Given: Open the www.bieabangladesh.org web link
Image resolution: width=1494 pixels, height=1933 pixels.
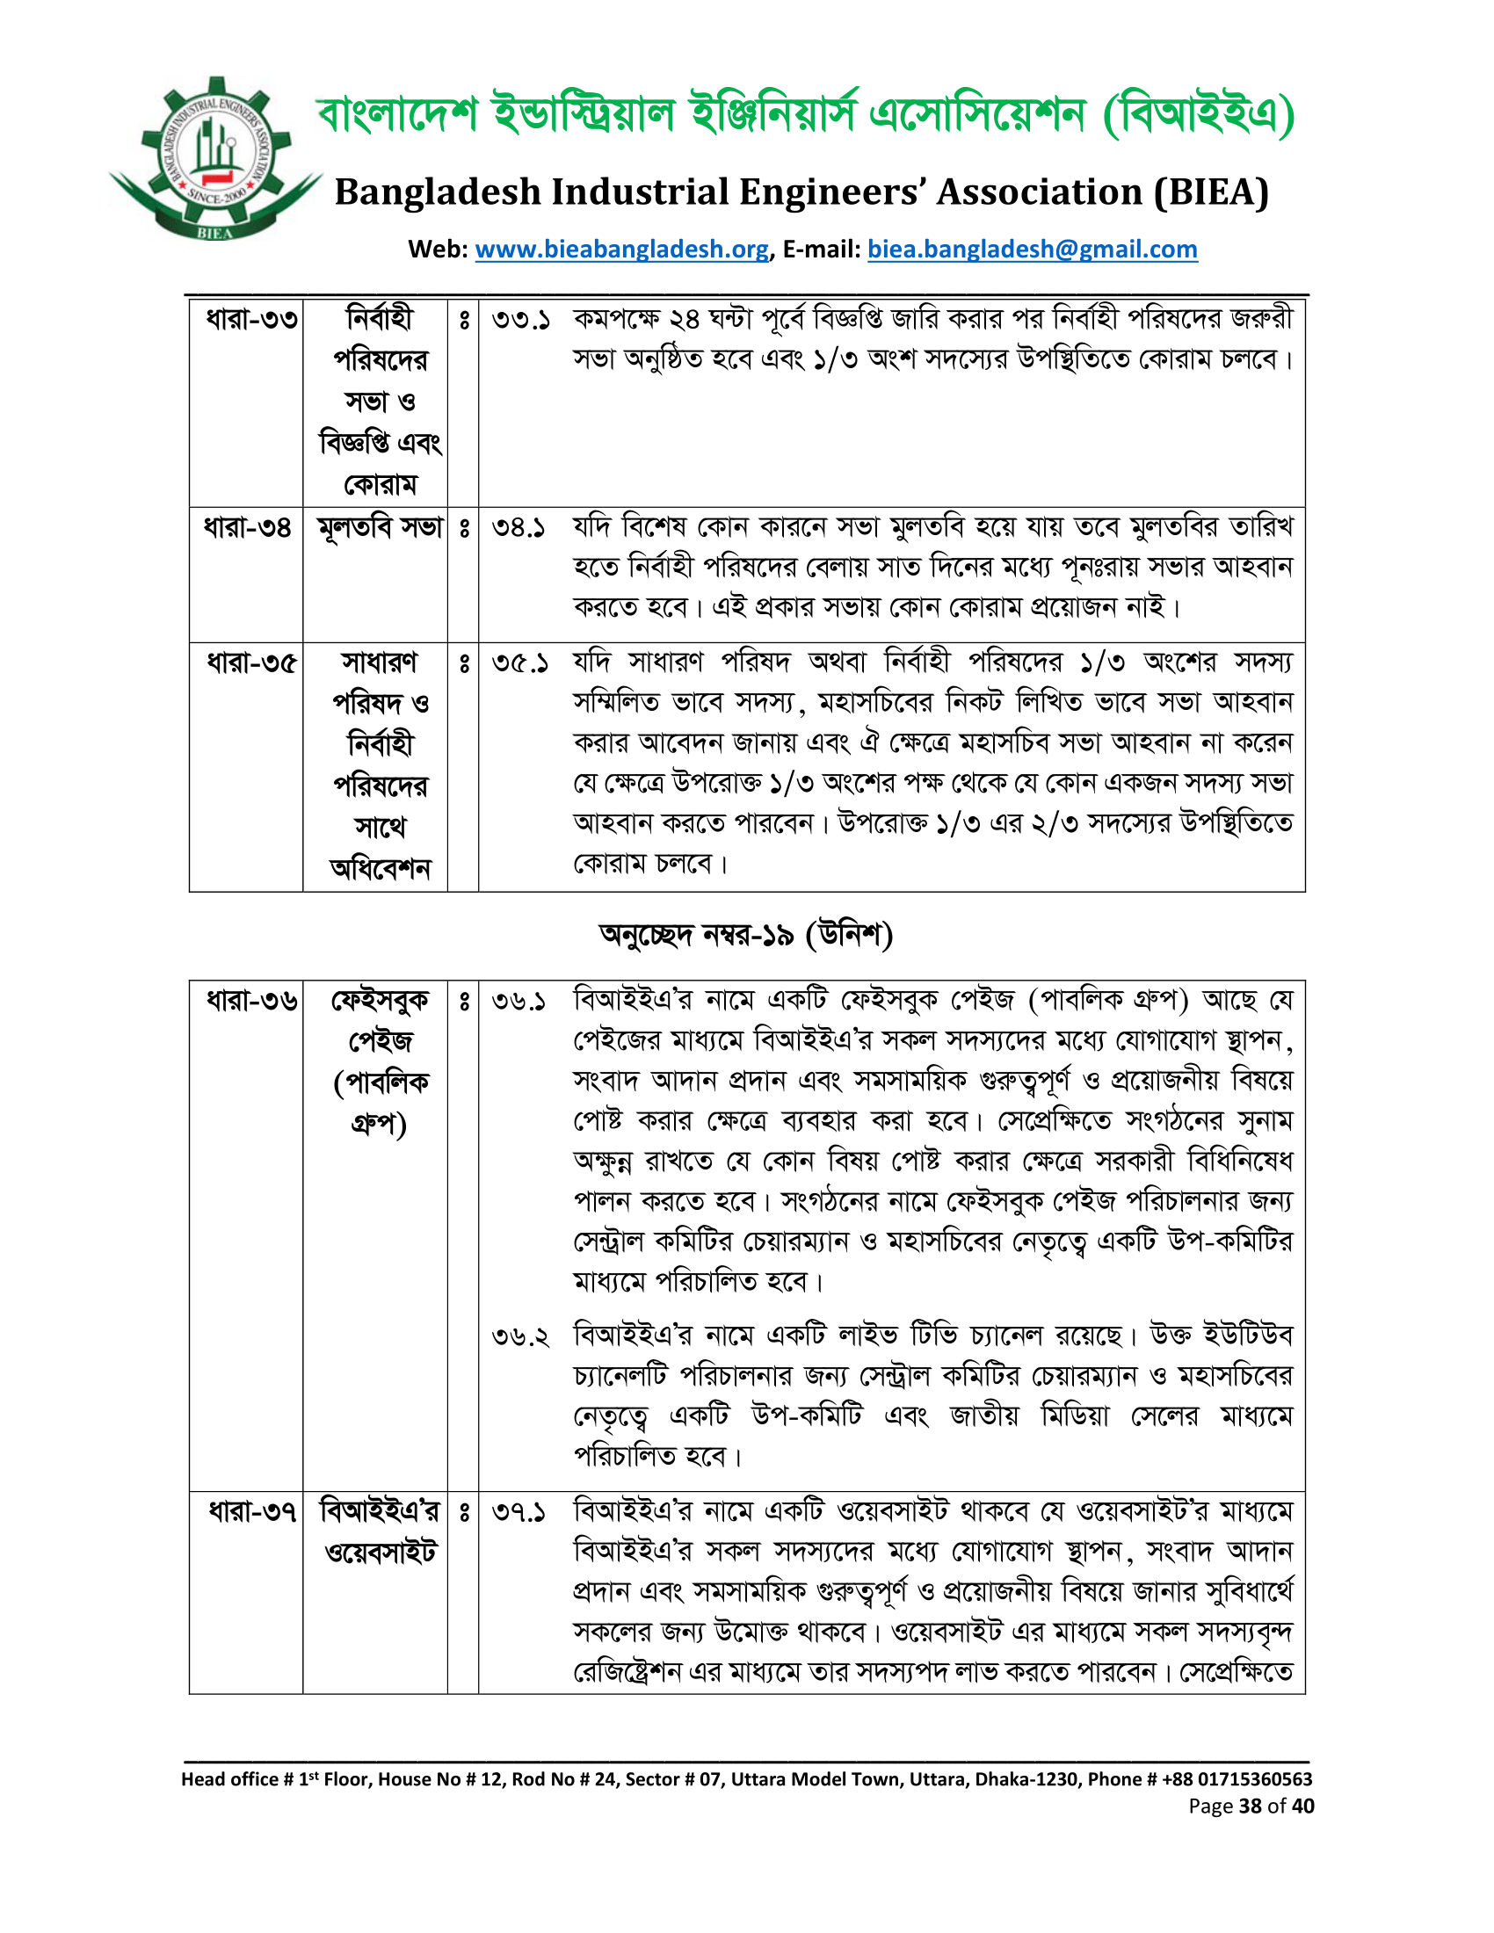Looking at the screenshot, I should pos(621,250).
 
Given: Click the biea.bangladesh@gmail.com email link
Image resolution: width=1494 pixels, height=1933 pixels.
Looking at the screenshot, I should pos(1032,250).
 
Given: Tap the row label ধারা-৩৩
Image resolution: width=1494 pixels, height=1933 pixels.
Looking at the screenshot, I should pos(250,319).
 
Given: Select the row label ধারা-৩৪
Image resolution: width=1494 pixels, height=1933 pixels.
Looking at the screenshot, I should pos(248,527).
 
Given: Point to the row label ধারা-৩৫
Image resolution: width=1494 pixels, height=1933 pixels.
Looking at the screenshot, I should pos(250,662).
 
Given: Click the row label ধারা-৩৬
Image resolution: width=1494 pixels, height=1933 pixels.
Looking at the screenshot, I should pos(250,1001).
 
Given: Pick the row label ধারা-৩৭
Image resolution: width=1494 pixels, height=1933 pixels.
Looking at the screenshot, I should pos(250,1511).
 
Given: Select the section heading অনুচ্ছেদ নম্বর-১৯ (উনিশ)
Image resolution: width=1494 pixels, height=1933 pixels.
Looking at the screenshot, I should pos(745,936).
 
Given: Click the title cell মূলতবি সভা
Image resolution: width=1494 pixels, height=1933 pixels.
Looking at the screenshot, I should pos(380,527).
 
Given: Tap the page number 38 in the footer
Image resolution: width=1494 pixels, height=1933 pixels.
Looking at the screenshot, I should pos(1250,1806).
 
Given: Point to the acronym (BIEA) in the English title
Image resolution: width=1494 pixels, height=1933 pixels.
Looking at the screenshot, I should pos(1211,192).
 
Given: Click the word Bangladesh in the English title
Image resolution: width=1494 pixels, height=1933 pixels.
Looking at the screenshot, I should pos(438,192).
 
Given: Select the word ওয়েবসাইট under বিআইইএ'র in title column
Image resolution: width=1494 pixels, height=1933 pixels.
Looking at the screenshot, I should pos(381,1553).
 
